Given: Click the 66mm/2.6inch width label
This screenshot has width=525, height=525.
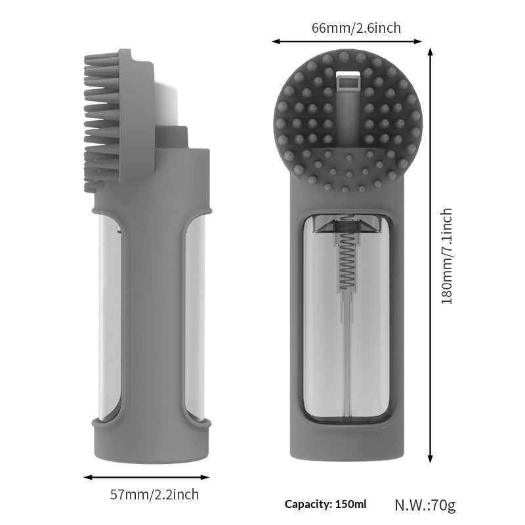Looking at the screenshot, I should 346,28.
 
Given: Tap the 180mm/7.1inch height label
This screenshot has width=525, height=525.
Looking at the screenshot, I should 447,256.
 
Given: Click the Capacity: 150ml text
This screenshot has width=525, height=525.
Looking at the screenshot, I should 324,504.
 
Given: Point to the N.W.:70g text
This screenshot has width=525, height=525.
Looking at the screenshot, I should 425,505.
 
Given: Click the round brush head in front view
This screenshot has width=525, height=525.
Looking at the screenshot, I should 348,125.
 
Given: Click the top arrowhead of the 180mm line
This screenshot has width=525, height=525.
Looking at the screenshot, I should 431,51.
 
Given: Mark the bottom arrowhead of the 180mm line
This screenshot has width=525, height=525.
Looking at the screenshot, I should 431,461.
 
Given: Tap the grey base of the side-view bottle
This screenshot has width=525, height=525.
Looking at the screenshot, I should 152,443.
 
